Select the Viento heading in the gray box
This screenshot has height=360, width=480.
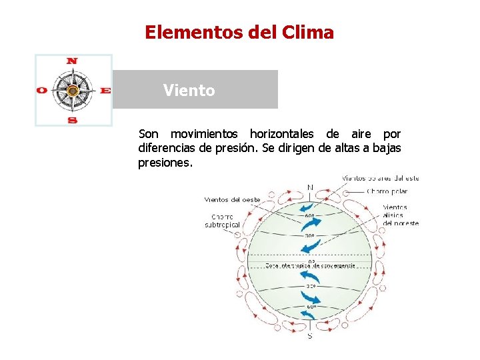[x=189, y=91]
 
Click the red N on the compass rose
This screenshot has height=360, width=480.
[x=72, y=61]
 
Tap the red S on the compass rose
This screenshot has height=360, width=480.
[x=73, y=120]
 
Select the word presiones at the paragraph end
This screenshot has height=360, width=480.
[x=165, y=162]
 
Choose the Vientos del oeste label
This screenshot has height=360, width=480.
[x=232, y=199]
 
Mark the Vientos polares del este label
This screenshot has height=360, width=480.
[x=381, y=178]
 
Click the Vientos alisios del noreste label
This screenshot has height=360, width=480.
[x=400, y=215]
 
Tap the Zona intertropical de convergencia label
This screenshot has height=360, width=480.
[x=310, y=265]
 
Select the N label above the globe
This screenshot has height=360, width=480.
[x=310, y=187]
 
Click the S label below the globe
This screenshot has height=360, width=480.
[x=310, y=337]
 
